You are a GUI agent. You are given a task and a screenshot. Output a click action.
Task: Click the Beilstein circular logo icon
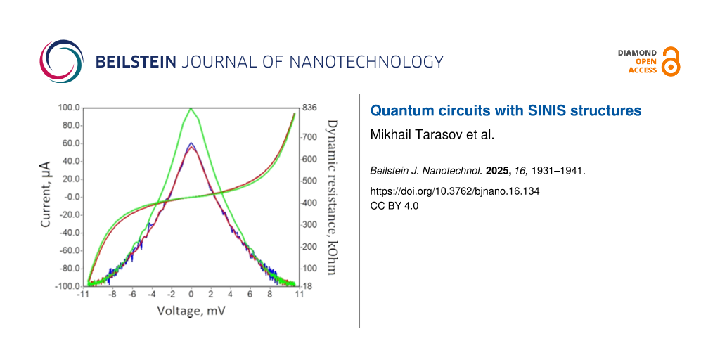click(x=60, y=62)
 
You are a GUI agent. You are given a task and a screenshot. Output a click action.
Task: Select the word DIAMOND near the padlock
click(x=637, y=53)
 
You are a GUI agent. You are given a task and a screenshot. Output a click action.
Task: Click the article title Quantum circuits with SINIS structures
click(x=506, y=110)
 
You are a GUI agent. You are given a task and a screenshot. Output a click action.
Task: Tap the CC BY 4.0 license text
click(x=394, y=206)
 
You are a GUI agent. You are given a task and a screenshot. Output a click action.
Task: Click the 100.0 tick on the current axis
click(x=68, y=108)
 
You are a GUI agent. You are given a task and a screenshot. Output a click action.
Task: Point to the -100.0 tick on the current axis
click(x=67, y=286)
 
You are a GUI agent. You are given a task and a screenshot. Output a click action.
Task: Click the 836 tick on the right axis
click(x=310, y=108)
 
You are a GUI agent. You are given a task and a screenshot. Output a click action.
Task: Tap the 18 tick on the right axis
click(x=307, y=286)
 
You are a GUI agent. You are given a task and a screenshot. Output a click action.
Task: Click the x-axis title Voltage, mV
click(x=191, y=310)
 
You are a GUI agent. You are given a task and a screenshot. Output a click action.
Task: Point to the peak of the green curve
click(x=191, y=109)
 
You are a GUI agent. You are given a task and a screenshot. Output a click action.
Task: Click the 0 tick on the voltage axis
click(x=191, y=295)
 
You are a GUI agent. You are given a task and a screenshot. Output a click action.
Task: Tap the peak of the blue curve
click(x=191, y=143)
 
